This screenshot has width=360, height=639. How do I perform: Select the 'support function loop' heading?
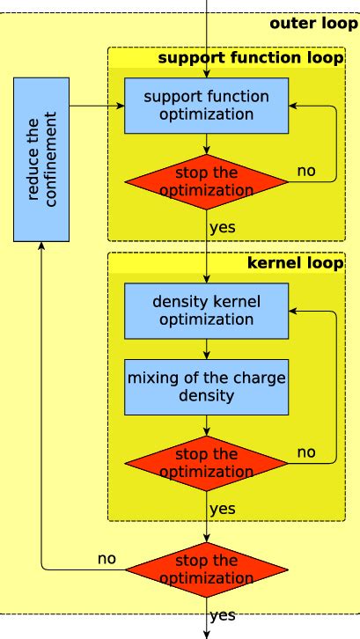pyautogui.click(x=250, y=59)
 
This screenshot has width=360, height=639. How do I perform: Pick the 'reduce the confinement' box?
pyautogui.click(x=41, y=160)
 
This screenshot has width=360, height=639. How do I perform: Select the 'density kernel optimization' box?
pyautogui.click(x=206, y=309)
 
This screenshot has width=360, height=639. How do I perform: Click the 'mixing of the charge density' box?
pyautogui.click(x=206, y=387)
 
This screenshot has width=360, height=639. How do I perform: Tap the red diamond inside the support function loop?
pyautogui.click(x=206, y=181)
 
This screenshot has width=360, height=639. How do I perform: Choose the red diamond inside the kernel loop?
pyautogui.click(x=206, y=463)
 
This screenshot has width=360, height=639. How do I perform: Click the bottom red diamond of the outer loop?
pyautogui.click(x=206, y=569)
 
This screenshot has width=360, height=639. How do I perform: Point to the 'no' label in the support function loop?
pyautogui.click(x=305, y=171)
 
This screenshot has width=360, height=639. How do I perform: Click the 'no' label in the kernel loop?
pyautogui.click(x=305, y=452)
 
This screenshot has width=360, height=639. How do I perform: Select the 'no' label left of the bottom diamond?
pyautogui.click(x=107, y=558)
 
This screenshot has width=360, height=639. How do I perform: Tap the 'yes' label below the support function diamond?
pyautogui.click(x=223, y=227)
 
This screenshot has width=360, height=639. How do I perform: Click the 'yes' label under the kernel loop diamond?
pyautogui.click(x=223, y=509)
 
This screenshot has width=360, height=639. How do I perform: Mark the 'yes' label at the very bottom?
pyautogui.click(x=223, y=615)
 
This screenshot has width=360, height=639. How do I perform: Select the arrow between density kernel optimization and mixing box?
pyautogui.click(x=206, y=348)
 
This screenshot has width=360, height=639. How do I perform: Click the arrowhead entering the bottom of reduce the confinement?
pyautogui.click(x=41, y=247)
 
